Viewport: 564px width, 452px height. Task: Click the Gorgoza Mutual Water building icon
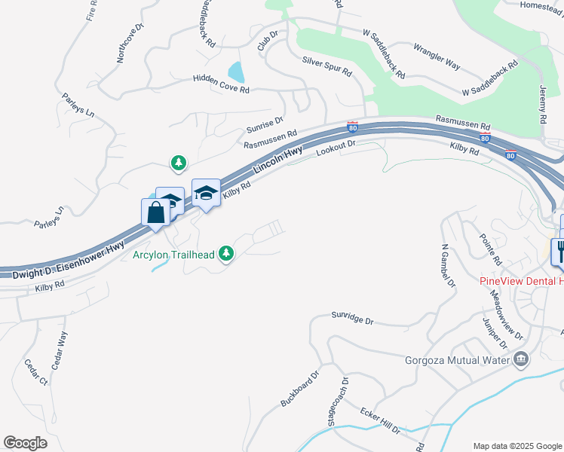(x=521, y=359)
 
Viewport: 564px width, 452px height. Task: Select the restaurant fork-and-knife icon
(x=559, y=250)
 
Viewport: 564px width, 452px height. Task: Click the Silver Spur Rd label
(x=327, y=66)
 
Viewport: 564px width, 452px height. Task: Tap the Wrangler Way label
(x=437, y=56)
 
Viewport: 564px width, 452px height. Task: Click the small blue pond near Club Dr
(x=237, y=72)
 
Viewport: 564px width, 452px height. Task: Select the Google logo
(x=25, y=443)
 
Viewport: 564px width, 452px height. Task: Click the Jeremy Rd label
(x=542, y=104)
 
